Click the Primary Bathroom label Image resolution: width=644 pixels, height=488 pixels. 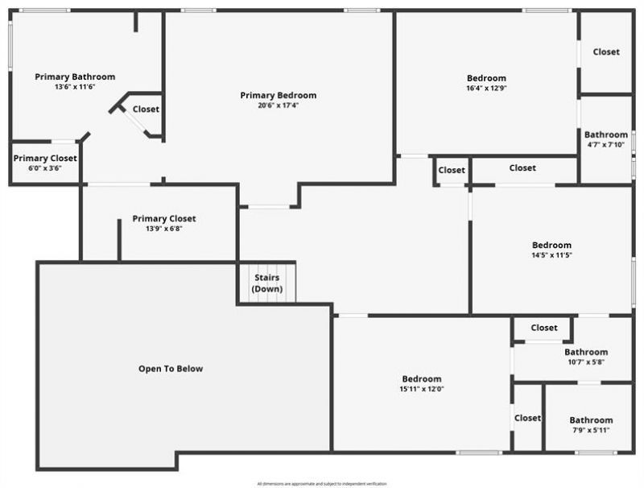click(x=75, y=77)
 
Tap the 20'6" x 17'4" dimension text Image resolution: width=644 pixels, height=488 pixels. click(x=279, y=105)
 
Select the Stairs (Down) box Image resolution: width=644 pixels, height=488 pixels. click(x=266, y=283)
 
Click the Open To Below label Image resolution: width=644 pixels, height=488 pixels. click(x=171, y=369)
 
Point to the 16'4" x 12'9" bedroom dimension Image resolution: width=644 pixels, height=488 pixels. click(x=486, y=89)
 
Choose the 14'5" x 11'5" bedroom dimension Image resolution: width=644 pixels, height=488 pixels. click(x=551, y=255)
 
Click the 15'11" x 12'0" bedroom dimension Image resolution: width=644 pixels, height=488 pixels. click(x=422, y=389)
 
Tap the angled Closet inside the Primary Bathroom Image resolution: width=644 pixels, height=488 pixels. click(x=146, y=110)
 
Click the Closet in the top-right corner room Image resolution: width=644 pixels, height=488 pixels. click(x=606, y=52)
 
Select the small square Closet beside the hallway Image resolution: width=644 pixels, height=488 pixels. click(x=452, y=170)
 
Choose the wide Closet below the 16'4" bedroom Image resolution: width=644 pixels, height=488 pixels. click(x=522, y=168)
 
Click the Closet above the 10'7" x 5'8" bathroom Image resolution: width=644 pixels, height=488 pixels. click(x=544, y=328)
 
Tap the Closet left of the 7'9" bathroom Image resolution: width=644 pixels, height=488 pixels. click(x=527, y=418)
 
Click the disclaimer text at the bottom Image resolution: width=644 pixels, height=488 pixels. click(x=322, y=483)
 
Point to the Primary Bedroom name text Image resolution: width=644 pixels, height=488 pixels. click(x=279, y=95)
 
